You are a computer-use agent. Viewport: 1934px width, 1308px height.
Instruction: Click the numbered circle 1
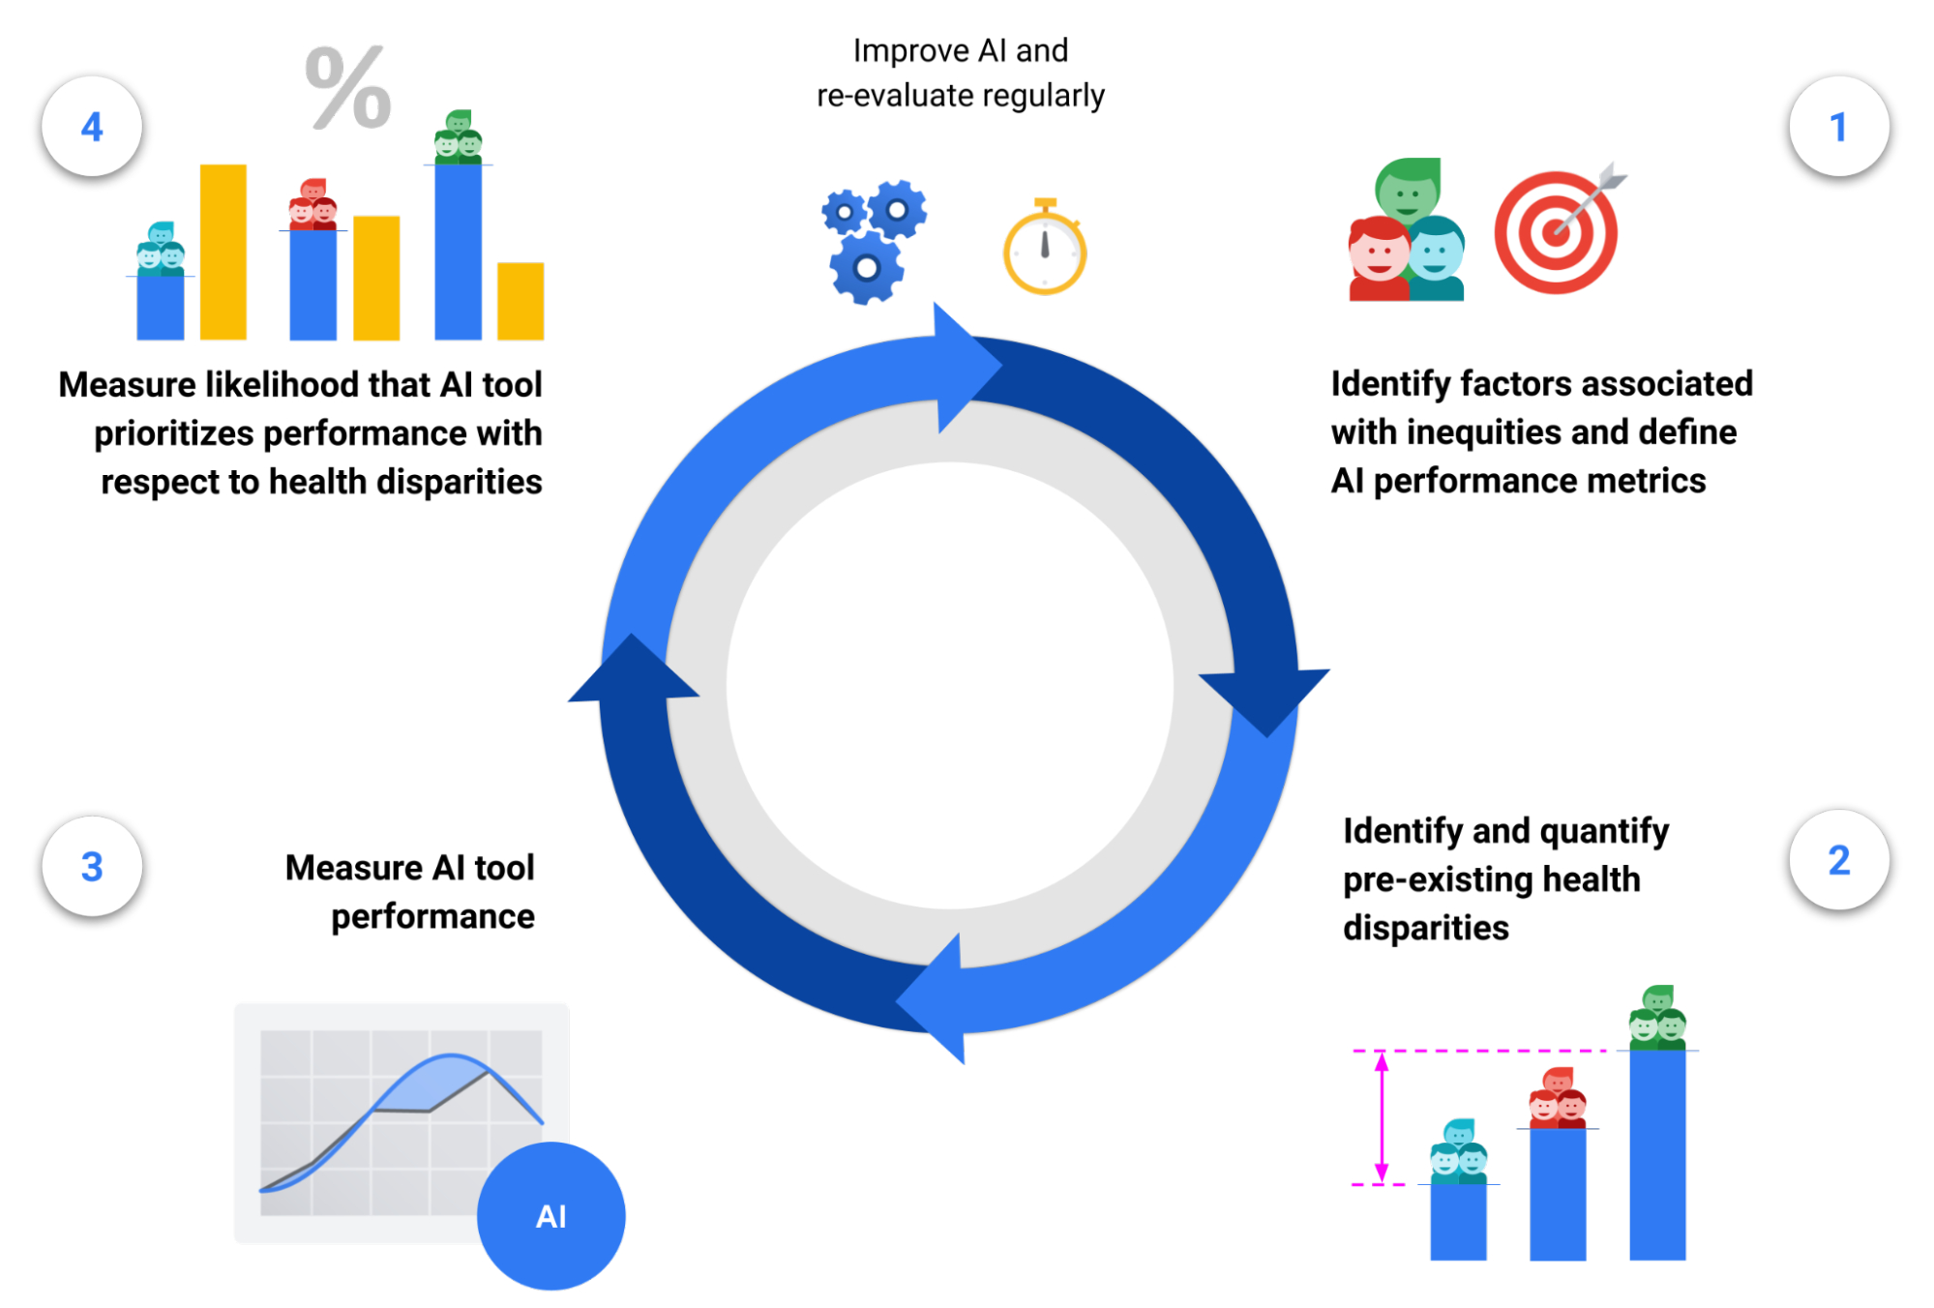[1838, 127]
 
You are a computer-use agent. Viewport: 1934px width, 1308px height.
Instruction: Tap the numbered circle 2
[1838, 860]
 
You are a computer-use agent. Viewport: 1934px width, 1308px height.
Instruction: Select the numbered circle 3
[92, 867]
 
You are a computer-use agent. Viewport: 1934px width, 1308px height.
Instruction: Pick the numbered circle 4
[92, 127]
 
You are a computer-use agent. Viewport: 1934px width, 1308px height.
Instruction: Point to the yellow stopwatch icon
[1045, 249]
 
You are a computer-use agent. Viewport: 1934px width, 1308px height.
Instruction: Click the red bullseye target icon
[1558, 232]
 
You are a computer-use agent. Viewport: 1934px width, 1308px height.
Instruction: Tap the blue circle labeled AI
[551, 1216]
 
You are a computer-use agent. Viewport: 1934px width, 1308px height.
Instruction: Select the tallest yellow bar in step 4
[223, 252]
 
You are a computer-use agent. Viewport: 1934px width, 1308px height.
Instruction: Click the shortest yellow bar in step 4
[521, 301]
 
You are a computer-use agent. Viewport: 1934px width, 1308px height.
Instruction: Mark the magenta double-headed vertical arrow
[1382, 1117]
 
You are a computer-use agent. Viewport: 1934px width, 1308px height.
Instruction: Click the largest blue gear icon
[867, 268]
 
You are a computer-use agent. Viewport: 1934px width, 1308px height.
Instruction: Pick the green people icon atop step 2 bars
[1658, 1017]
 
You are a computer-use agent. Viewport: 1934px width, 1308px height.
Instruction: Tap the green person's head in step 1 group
[1409, 187]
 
